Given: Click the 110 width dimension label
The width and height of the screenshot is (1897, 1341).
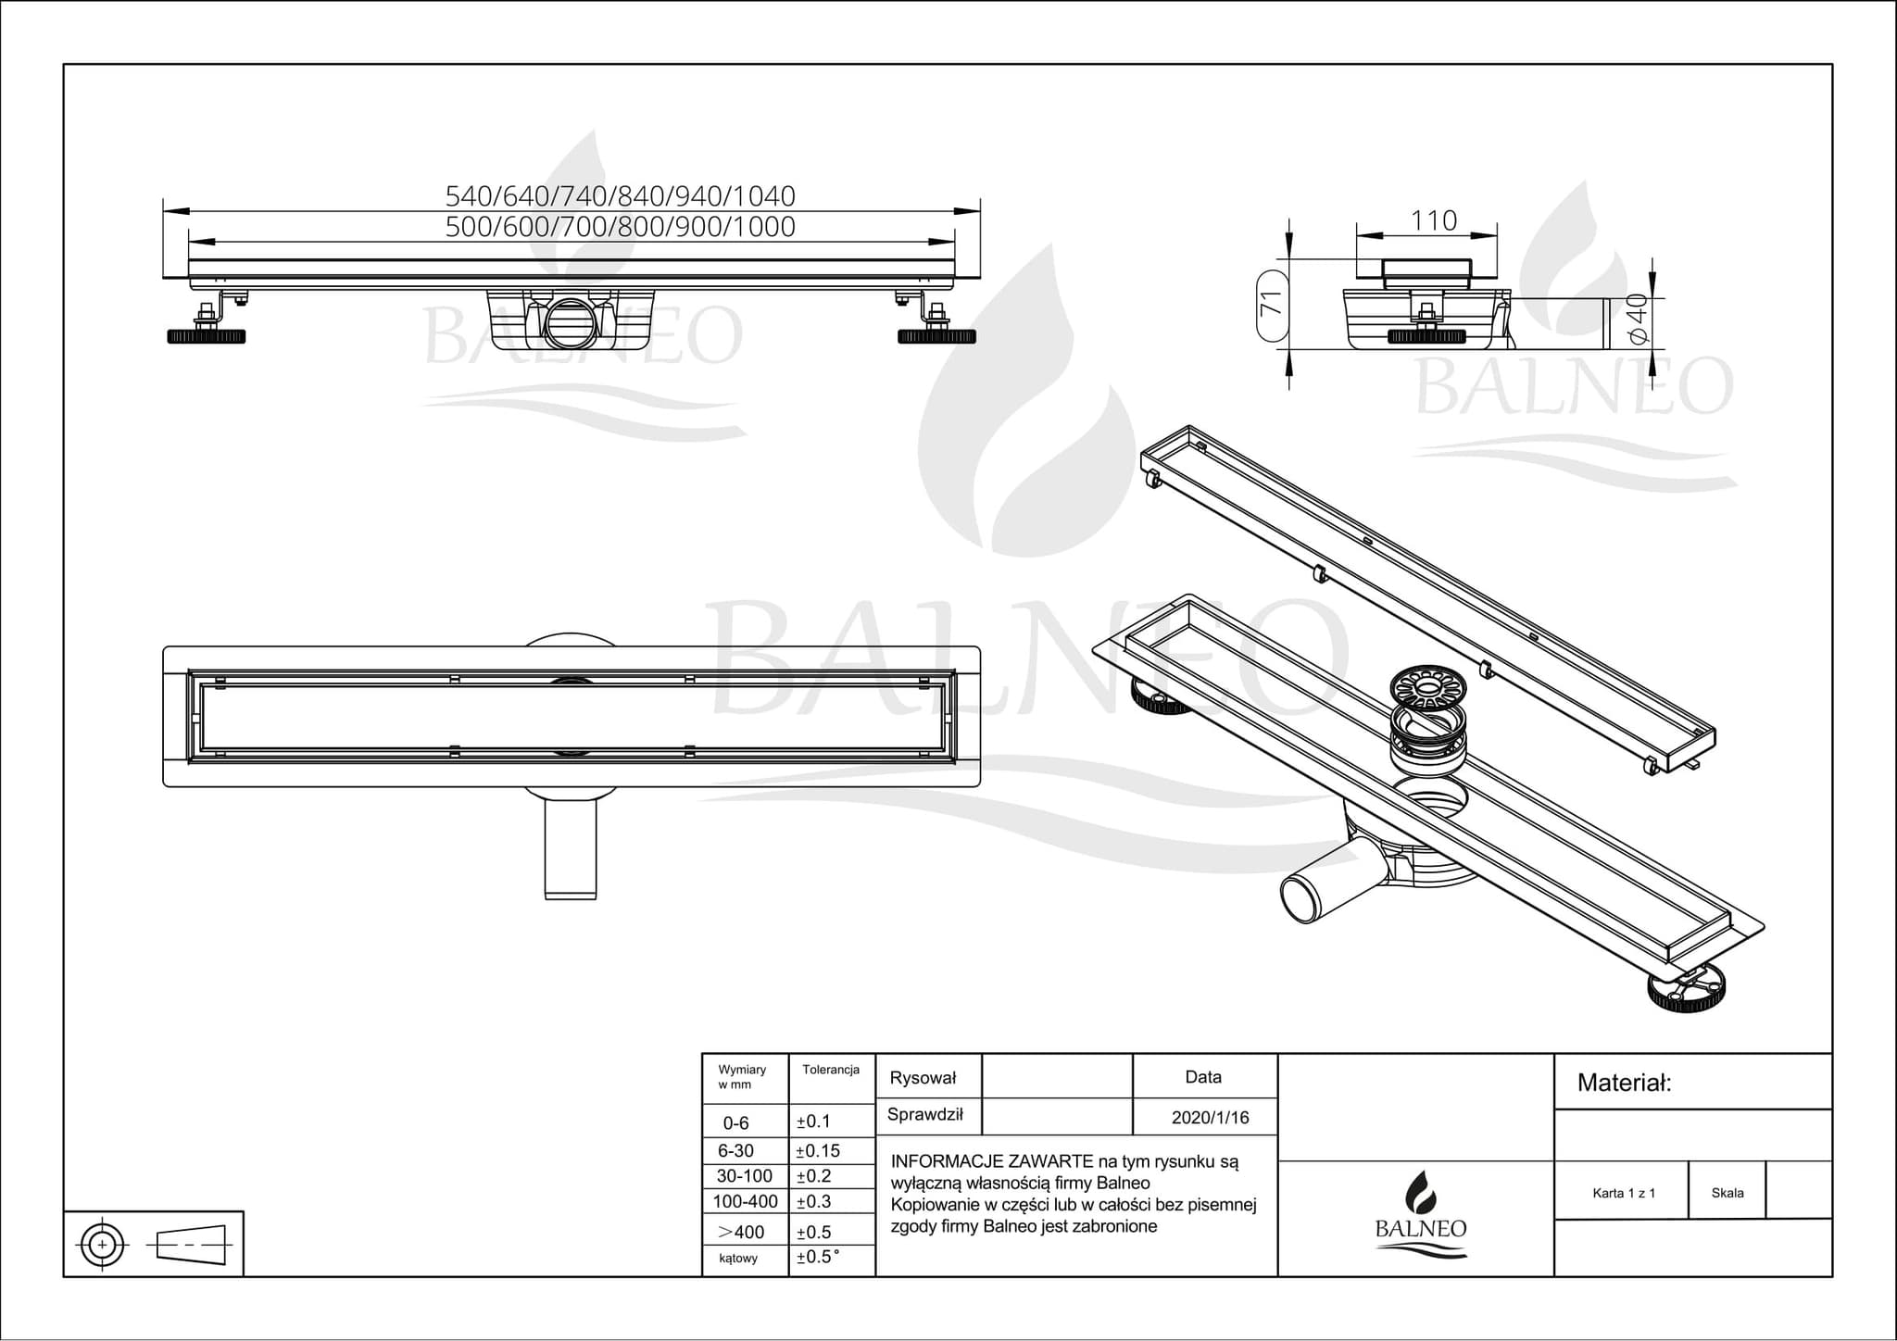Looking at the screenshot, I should pyautogui.click(x=1434, y=220).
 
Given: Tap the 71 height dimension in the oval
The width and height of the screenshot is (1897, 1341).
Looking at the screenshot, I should pyautogui.click(x=1273, y=304).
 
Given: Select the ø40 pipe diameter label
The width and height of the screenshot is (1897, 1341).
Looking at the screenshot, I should pyautogui.click(x=1636, y=319).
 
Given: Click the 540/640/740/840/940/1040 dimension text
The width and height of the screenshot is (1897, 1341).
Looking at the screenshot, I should pyautogui.click(x=620, y=196).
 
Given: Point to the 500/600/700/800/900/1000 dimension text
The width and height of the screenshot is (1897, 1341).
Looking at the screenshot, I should pyautogui.click(x=620, y=227).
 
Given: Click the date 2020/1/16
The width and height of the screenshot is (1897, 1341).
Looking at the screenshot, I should pyautogui.click(x=1210, y=1118).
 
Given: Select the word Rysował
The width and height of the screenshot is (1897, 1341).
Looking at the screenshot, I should pyautogui.click(x=922, y=1078).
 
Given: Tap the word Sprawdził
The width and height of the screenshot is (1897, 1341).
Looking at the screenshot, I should pyautogui.click(x=924, y=1115).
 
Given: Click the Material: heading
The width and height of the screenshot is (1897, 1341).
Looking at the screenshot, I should pyautogui.click(x=1624, y=1083).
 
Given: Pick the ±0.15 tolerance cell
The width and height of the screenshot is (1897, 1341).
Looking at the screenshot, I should pyautogui.click(x=818, y=1151).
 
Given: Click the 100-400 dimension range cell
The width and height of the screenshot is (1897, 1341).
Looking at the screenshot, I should pyautogui.click(x=745, y=1201).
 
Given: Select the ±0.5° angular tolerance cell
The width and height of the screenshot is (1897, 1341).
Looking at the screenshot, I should pyautogui.click(x=818, y=1258).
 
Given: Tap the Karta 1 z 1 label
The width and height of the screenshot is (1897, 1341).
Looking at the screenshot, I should pyautogui.click(x=1624, y=1193).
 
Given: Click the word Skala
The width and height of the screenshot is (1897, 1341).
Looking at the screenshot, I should pyautogui.click(x=1727, y=1193).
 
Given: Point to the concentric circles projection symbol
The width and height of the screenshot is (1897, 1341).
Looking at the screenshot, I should pyautogui.click(x=103, y=1245).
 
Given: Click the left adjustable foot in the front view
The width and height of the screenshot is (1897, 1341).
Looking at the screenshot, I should pyautogui.click(x=206, y=336).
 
